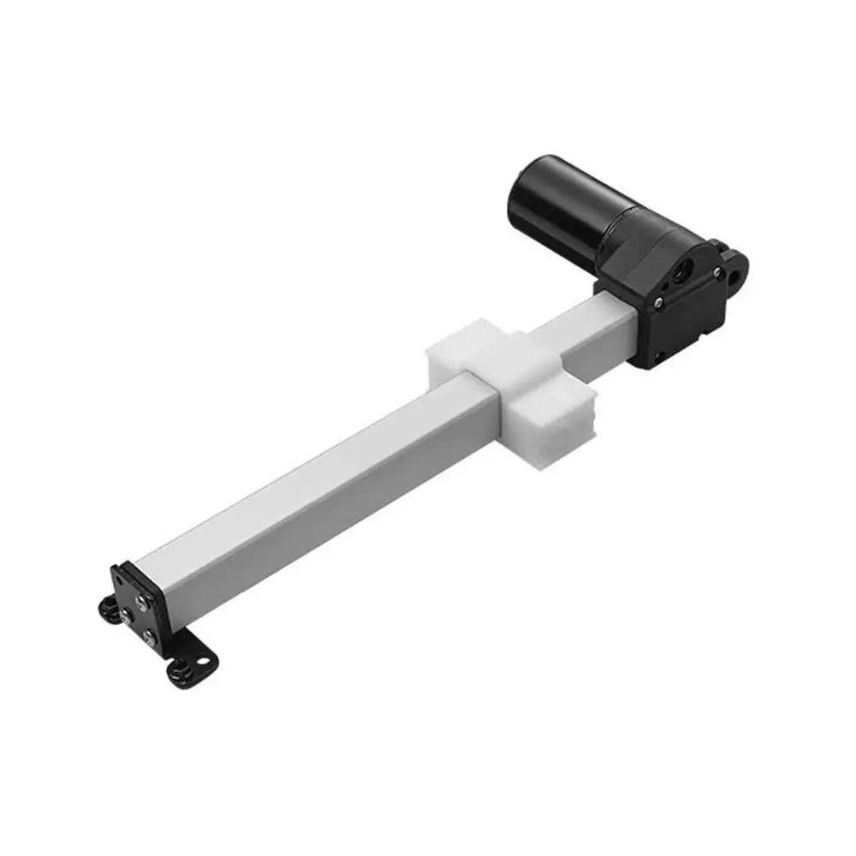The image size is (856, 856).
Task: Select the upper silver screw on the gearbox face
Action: (x=716, y=273)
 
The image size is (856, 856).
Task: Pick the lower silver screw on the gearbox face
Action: (x=657, y=301)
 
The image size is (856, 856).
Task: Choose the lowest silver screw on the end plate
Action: (x=149, y=635)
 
